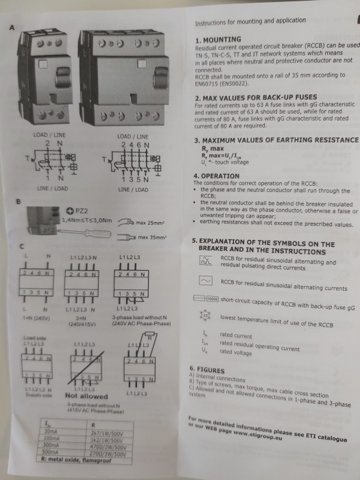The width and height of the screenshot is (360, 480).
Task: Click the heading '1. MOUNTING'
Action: (x=219, y=40)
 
